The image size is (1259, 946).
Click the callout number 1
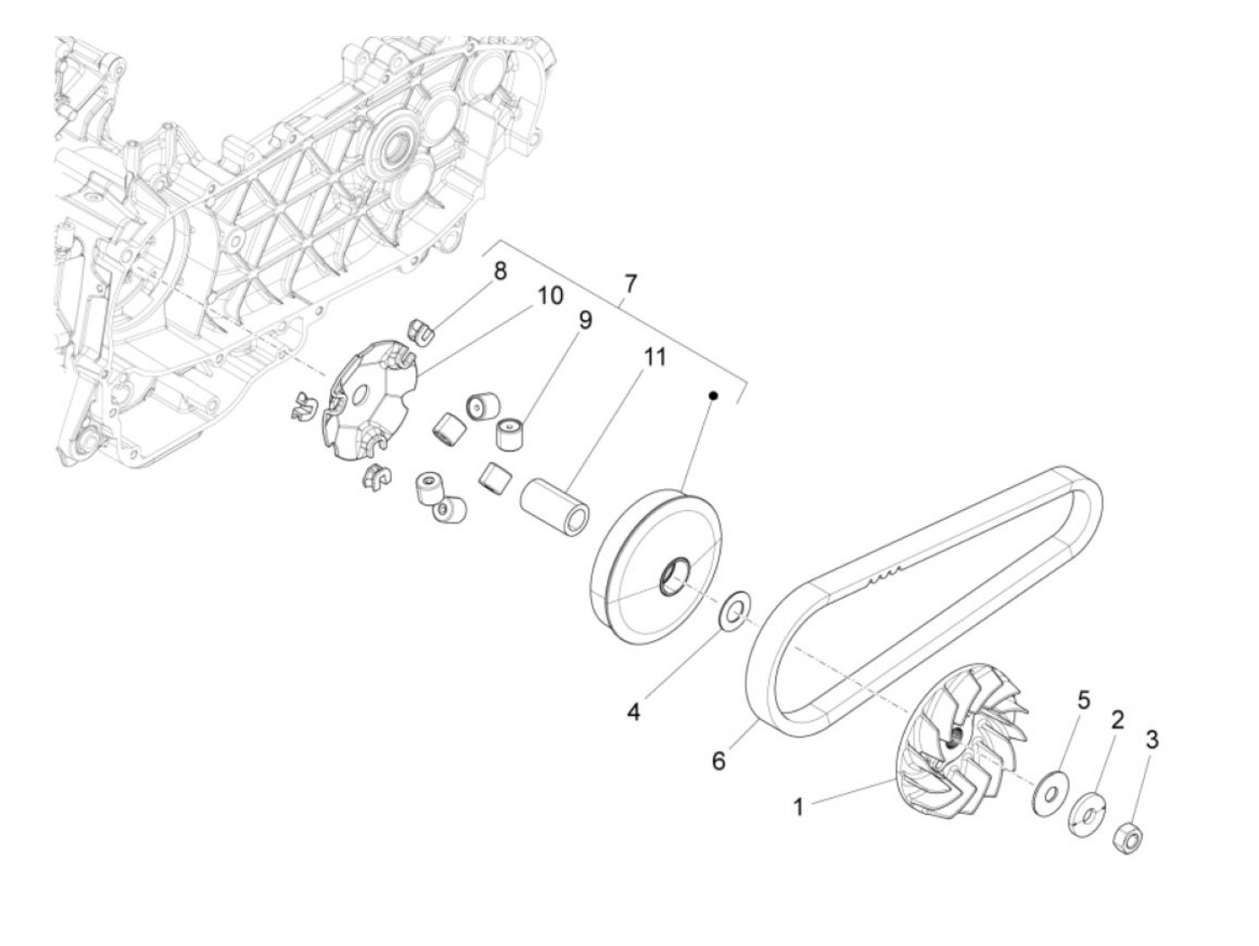(798, 807)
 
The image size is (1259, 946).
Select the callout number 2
(1117, 719)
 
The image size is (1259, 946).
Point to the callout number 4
(634, 712)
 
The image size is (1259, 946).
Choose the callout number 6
(718, 760)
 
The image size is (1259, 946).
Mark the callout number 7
(629, 283)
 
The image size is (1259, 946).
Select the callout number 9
(585, 320)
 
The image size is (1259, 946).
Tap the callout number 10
(549, 294)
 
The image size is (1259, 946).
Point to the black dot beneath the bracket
(713, 395)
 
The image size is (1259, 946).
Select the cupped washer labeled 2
(1087, 813)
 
